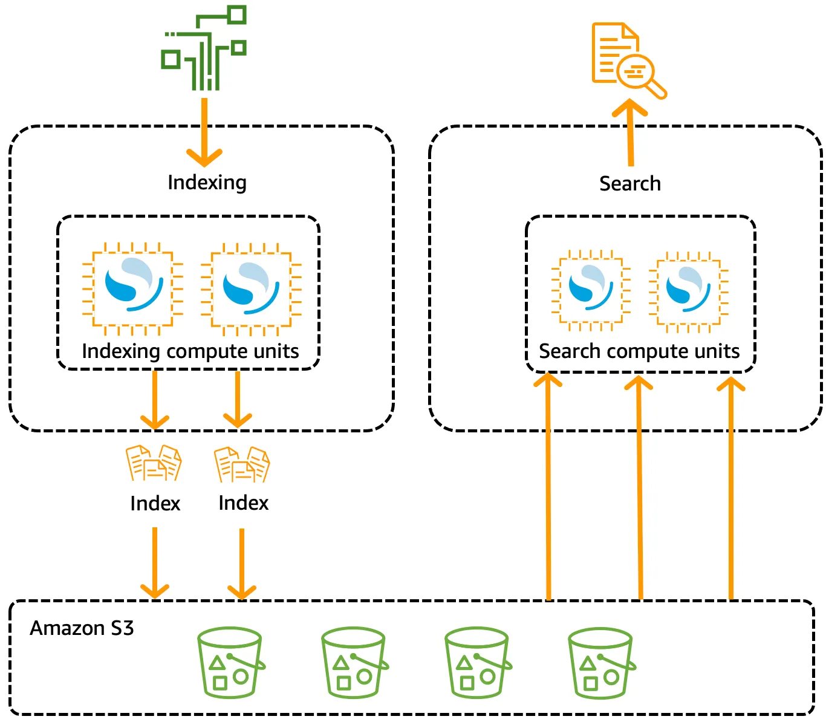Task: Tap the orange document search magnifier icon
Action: [628, 59]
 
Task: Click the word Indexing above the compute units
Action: [207, 182]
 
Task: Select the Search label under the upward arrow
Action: [629, 183]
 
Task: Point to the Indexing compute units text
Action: [190, 351]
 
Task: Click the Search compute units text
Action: [639, 351]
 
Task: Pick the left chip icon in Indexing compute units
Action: [132, 288]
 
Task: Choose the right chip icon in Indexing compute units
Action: [250, 288]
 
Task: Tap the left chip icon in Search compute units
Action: [591, 290]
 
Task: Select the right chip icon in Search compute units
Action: [688, 291]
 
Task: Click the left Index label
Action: [155, 503]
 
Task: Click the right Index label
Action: [243, 502]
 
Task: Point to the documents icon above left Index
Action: [154, 463]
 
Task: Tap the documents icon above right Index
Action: [242, 464]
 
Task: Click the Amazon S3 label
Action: [82, 628]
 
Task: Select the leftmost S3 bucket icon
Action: [230, 663]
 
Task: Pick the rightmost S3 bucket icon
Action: [601, 663]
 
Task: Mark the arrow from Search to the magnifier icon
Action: [630, 133]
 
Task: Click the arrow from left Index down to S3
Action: [155, 562]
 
